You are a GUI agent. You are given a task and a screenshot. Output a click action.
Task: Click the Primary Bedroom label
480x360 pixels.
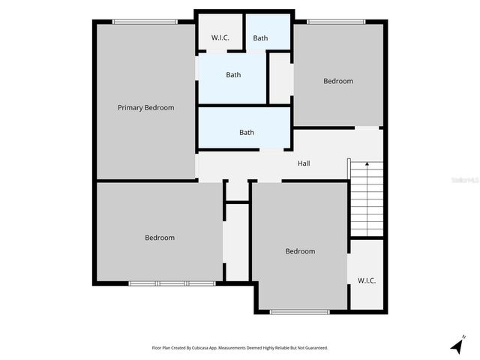tap(145, 108)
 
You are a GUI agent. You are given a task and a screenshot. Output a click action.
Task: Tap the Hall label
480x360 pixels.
tap(304, 163)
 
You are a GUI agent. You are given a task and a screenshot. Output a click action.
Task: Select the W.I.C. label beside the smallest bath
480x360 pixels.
tap(220, 37)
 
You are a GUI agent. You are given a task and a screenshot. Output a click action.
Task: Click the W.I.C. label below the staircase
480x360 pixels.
tap(367, 280)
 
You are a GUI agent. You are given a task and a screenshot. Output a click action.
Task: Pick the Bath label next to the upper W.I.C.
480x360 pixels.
tap(260, 38)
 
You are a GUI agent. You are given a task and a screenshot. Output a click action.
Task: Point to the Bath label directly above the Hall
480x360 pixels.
tap(247, 133)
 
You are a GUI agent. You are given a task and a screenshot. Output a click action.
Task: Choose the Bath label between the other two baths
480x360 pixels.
tap(234, 75)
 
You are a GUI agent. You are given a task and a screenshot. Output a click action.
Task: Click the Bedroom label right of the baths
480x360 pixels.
tap(338, 81)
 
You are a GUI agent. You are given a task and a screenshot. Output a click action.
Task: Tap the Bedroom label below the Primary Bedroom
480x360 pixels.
tap(160, 238)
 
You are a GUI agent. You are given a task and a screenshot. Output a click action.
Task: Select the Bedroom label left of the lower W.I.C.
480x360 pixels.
tap(300, 251)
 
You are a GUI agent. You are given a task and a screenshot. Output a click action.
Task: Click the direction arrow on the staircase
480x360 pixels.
tap(367, 163)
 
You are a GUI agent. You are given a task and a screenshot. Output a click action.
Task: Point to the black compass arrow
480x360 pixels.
tap(456, 346)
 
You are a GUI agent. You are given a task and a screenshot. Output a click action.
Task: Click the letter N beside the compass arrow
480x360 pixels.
tap(465, 335)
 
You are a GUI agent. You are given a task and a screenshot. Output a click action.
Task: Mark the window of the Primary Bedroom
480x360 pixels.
tap(145, 22)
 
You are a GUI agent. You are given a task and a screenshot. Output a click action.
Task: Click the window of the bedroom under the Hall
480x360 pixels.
tap(299, 311)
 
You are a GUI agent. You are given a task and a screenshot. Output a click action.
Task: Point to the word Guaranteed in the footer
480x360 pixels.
tap(313, 348)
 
